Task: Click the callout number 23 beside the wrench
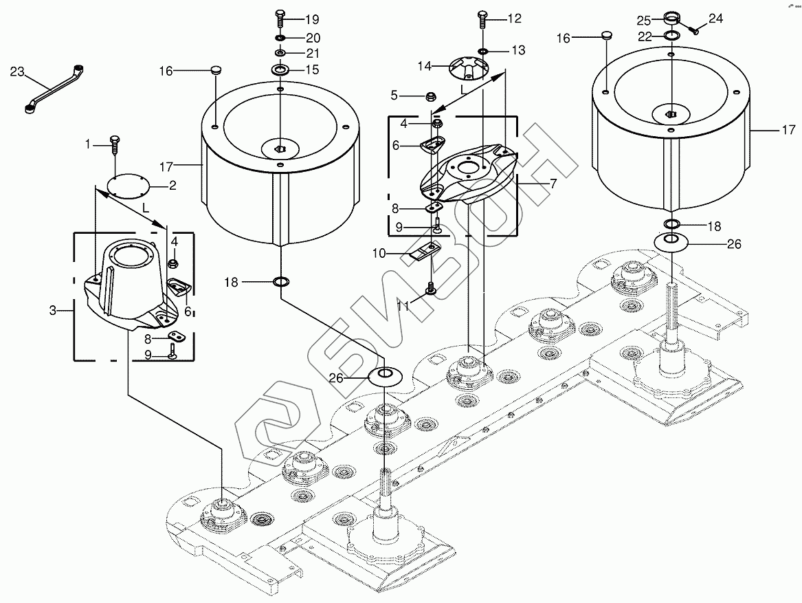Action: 17,72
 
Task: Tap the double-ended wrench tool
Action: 54,88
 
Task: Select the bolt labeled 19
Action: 280,19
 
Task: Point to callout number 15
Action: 312,69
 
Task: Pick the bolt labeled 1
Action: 114,145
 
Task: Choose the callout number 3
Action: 53,310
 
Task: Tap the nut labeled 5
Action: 431,96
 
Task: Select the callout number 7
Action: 553,183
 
